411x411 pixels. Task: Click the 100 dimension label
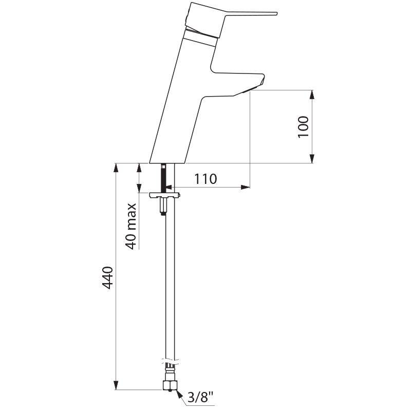pos(304,126)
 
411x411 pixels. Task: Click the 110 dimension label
pos(206,179)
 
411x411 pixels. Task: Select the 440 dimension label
pos(107,277)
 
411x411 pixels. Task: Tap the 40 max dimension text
pos(131,226)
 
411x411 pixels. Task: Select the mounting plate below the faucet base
pos(164,195)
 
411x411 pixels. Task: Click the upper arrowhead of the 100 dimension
pos(312,95)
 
